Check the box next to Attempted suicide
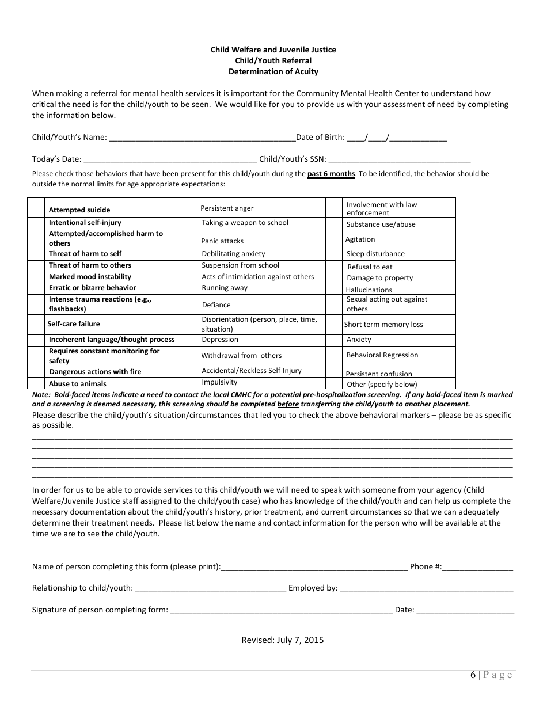(x=36, y=208)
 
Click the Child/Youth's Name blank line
(x=202, y=138)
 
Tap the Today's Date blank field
(x=170, y=160)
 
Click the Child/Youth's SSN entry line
(x=400, y=160)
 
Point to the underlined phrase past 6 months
(x=331, y=174)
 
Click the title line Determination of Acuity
(x=273, y=72)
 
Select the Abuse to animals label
(x=77, y=384)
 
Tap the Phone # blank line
(x=478, y=568)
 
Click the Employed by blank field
(x=427, y=589)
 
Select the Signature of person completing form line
(x=282, y=611)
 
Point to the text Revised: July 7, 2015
(x=282, y=640)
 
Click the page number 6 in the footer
(x=473, y=676)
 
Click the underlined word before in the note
(x=288, y=404)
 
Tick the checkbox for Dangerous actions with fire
(x=36, y=372)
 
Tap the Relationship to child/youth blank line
(x=210, y=589)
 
